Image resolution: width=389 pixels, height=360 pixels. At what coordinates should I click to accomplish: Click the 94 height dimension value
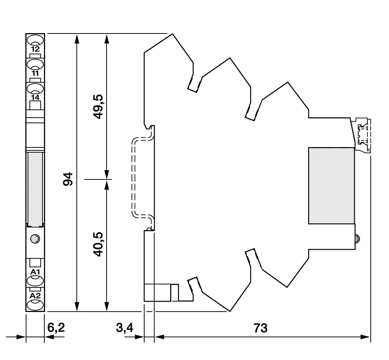point(68,179)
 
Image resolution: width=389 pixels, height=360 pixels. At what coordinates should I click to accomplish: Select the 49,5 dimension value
point(98,106)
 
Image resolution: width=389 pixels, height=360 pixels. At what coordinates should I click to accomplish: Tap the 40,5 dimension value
point(98,244)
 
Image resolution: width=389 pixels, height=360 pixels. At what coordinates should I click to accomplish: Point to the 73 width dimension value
point(260,328)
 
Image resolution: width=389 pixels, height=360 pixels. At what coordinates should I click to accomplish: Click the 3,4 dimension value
point(124,328)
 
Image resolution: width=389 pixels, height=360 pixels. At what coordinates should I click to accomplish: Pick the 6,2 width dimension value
point(56,328)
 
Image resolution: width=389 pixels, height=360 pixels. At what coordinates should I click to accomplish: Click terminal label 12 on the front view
point(35,49)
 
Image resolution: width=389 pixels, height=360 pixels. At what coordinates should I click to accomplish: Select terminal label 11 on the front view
point(35,73)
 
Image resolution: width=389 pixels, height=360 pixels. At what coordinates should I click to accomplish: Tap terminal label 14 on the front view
point(35,98)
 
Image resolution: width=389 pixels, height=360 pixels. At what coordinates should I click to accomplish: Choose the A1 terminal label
point(35,272)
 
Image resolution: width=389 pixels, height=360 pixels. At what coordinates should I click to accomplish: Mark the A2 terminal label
point(35,296)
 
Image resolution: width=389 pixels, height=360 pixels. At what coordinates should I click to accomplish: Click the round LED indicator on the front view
point(35,239)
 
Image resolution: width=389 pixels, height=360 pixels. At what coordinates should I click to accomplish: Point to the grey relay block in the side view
point(331,186)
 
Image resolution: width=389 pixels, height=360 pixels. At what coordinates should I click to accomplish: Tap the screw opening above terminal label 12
point(35,40)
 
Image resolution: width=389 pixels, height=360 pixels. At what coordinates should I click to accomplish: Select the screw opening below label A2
point(35,305)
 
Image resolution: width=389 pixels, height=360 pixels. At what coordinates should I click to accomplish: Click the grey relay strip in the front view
point(35,189)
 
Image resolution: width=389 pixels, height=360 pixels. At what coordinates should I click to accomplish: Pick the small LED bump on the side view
point(357,239)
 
